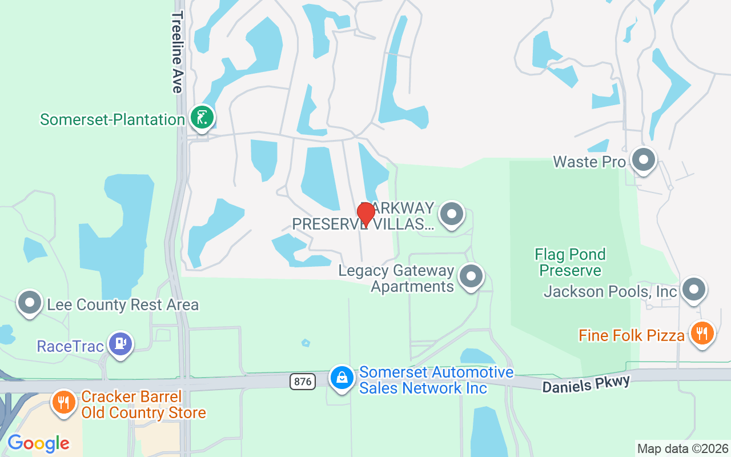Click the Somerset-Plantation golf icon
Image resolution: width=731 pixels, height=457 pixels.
point(202,118)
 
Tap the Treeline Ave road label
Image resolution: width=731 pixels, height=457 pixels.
point(177,51)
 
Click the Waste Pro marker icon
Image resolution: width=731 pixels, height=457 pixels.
point(644,161)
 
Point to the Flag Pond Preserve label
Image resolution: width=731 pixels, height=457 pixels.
point(570,262)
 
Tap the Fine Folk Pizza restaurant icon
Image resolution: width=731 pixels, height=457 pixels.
point(702,333)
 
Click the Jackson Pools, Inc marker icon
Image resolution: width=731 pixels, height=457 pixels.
point(694,290)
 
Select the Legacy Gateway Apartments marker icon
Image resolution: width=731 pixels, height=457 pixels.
point(471,276)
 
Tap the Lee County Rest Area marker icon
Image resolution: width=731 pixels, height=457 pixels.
point(30,303)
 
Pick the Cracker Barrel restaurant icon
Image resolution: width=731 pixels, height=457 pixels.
point(64,402)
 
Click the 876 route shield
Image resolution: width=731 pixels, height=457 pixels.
point(302,382)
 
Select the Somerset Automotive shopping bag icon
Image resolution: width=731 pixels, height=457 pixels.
point(342,378)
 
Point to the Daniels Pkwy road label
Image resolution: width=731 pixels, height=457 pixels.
point(586,383)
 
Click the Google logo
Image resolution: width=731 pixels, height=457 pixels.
point(38,443)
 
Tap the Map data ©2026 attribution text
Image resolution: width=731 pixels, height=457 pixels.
point(682,448)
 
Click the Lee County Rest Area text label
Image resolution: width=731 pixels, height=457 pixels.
point(123,304)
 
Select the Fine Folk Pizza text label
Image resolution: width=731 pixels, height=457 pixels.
point(631,335)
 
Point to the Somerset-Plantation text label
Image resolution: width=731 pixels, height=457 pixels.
point(113,119)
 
